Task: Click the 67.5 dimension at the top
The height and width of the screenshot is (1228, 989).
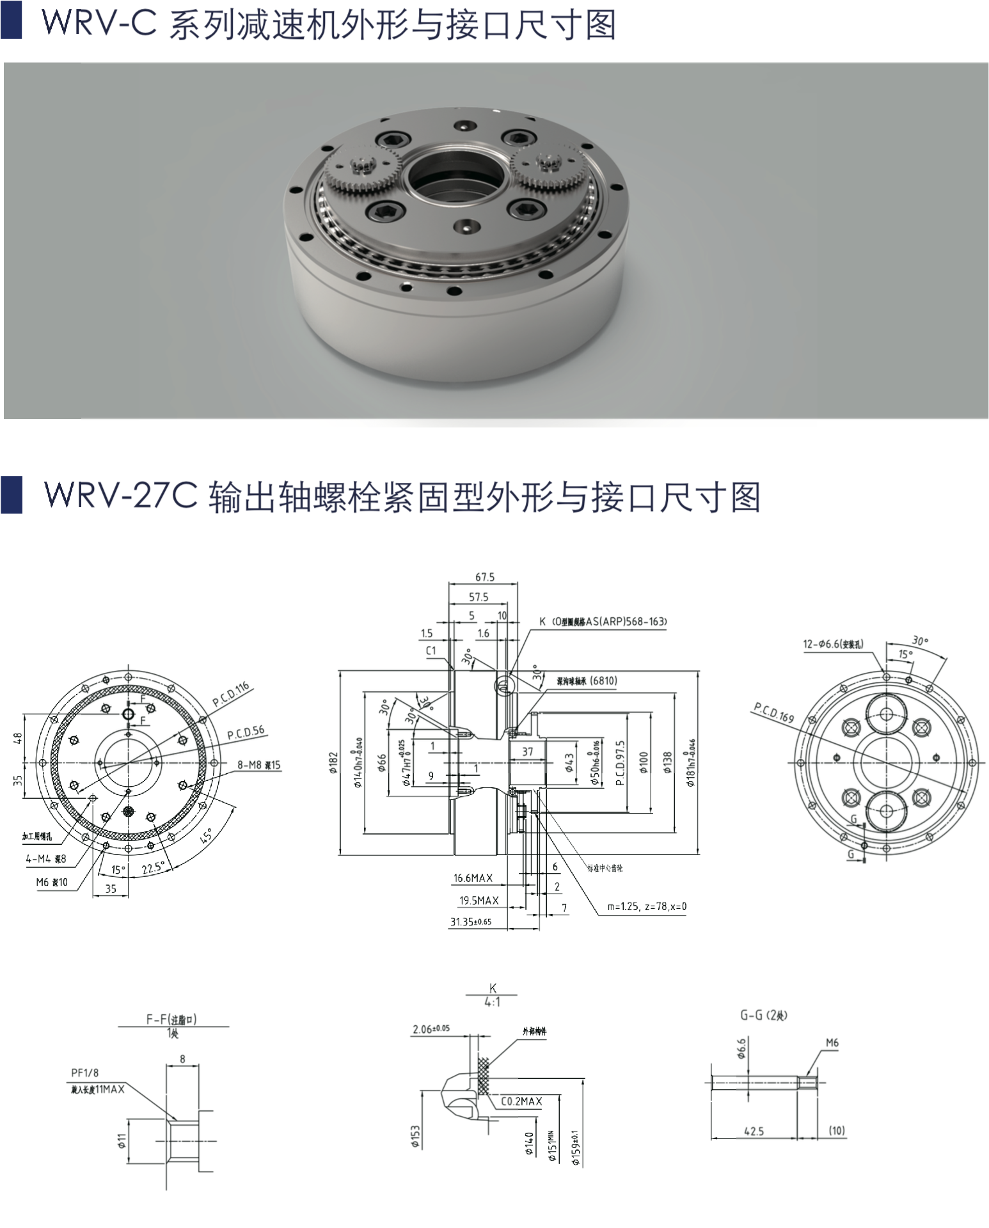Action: point(484,577)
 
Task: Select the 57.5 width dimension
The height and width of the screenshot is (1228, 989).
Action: point(478,597)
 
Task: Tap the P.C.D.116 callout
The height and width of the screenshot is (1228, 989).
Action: point(231,695)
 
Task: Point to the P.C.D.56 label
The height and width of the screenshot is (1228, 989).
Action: point(246,732)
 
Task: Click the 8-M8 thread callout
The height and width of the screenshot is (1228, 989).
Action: point(258,765)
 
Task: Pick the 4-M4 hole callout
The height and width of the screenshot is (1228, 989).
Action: point(46,859)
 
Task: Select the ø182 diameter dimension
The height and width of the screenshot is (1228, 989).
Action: point(333,762)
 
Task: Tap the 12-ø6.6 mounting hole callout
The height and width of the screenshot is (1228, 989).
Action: point(833,644)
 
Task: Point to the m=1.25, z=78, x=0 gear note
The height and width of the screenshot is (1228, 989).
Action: point(647,906)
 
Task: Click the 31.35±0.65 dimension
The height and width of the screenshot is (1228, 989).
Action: point(471,922)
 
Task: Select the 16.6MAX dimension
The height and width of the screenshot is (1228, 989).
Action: point(473,878)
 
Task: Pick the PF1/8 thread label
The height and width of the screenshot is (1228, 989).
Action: point(85,1073)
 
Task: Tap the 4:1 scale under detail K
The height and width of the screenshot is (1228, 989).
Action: point(492,1002)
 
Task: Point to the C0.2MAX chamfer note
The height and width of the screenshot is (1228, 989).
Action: point(521,1101)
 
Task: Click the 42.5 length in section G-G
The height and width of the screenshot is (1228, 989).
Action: point(754,1131)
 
